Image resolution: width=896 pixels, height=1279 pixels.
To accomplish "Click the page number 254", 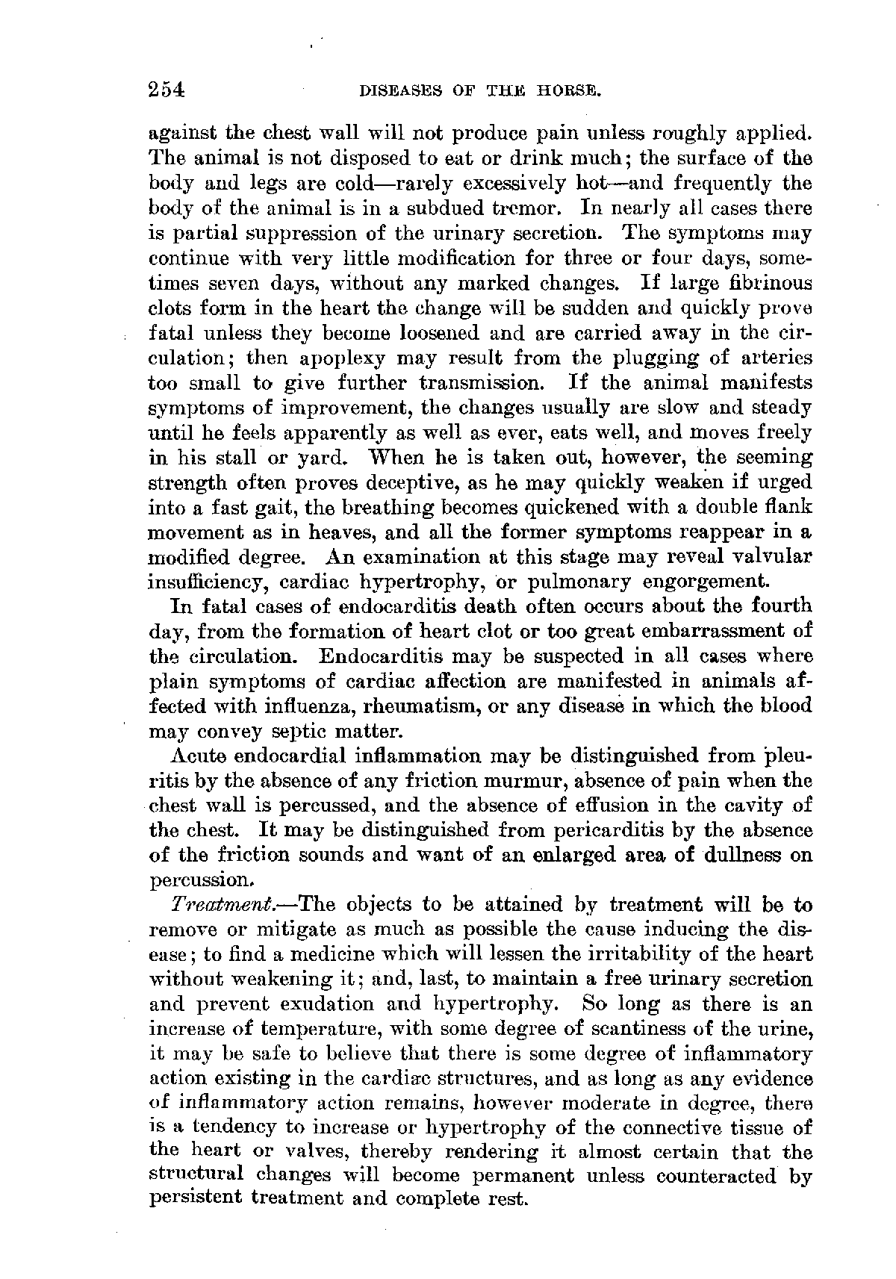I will point(166,90).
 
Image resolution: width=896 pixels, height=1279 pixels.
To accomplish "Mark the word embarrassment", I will point(717,632).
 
